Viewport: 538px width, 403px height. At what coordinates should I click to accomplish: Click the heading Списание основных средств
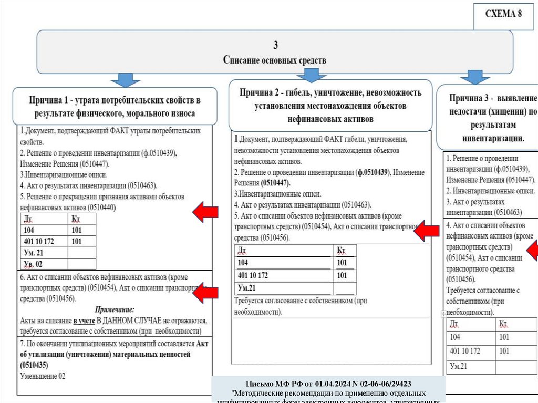click(274, 60)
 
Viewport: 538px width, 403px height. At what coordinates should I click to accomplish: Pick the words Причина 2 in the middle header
click(262, 93)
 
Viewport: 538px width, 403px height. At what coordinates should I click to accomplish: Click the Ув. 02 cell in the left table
click(33, 264)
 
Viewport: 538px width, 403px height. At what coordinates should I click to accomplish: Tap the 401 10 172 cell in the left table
click(42, 241)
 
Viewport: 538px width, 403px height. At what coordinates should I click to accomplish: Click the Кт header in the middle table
click(341, 250)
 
